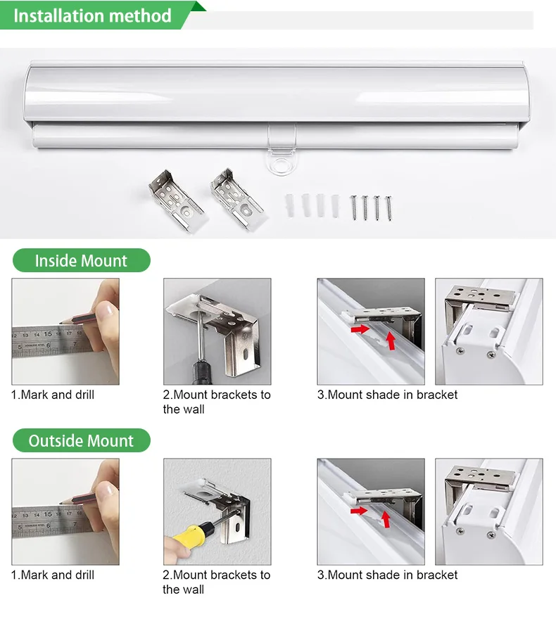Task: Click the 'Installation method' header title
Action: [x=92, y=15]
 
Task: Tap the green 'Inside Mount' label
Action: [x=81, y=261]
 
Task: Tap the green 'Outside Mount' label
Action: [x=81, y=441]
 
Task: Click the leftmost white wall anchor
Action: [x=289, y=205]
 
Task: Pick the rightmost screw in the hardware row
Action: [x=388, y=208]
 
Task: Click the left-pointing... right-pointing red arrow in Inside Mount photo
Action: [x=360, y=329]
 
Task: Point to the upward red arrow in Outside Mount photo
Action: [x=386, y=519]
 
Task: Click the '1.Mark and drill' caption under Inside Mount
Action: [x=53, y=395]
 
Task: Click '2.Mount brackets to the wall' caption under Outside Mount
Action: [x=217, y=582]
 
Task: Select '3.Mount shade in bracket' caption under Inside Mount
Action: [x=387, y=395]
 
